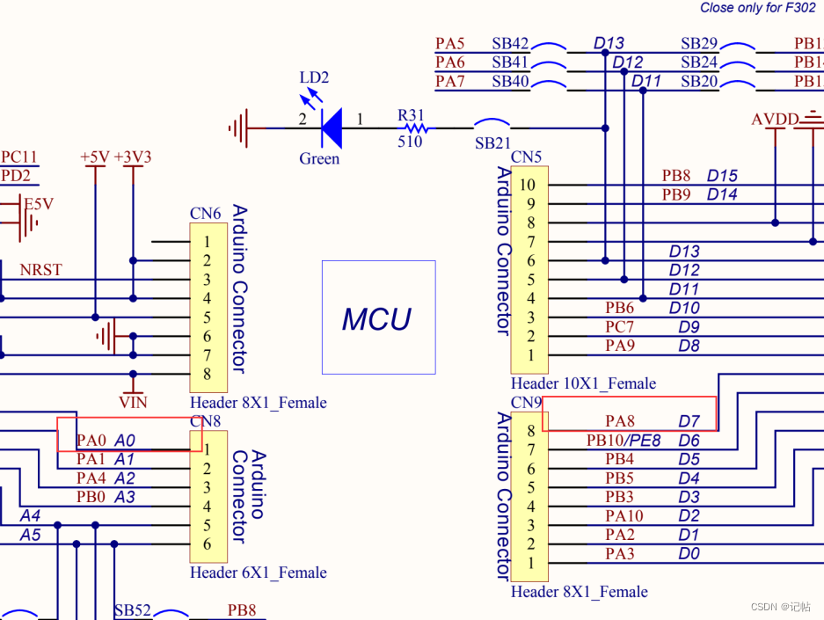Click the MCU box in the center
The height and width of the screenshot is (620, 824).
click(378, 317)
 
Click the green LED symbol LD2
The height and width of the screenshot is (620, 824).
click(331, 128)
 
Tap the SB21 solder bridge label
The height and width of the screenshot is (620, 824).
click(492, 143)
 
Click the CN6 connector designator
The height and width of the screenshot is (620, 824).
click(205, 214)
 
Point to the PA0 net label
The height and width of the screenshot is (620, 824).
click(91, 440)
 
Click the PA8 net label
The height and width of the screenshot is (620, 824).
click(620, 422)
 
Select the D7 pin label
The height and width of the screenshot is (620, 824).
click(689, 422)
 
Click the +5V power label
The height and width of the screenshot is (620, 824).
click(94, 157)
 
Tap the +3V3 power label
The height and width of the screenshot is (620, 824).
click(133, 157)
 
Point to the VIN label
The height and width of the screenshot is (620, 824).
click(134, 403)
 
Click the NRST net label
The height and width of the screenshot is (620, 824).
click(41, 270)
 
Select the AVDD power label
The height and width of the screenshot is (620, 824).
click(775, 120)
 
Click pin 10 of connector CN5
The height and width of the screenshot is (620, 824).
click(527, 185)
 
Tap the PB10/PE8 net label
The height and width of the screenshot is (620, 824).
click(623, 441)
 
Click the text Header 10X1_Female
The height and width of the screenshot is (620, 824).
click(583, 383)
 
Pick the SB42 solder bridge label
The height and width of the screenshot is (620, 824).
click(510, 43)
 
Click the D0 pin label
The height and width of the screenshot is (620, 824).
click(689, 554)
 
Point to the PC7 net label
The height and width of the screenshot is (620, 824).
click(620, 327)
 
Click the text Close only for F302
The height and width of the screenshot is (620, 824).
click(757, 8)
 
